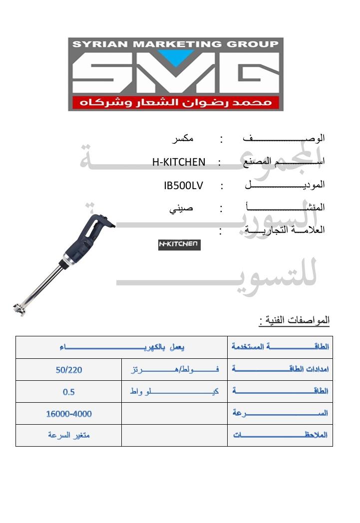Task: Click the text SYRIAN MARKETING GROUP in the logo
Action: pos(176,44)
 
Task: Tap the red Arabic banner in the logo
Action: pos(176,102)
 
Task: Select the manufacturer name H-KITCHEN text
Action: pos(179,162)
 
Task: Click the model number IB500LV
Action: pos(183,185)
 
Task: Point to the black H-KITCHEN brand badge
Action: pos(179,245)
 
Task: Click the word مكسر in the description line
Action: pos(182,138)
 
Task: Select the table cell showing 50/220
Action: pos(69,370)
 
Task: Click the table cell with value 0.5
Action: pos(69,392)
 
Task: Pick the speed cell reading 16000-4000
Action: pos(69,414)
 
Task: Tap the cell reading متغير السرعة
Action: pos(69,435)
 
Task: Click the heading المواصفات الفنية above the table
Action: pos(295,320)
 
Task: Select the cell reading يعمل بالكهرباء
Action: pos(122,347)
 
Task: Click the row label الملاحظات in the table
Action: pos(280,435)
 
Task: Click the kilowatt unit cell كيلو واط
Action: pos(174,392)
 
